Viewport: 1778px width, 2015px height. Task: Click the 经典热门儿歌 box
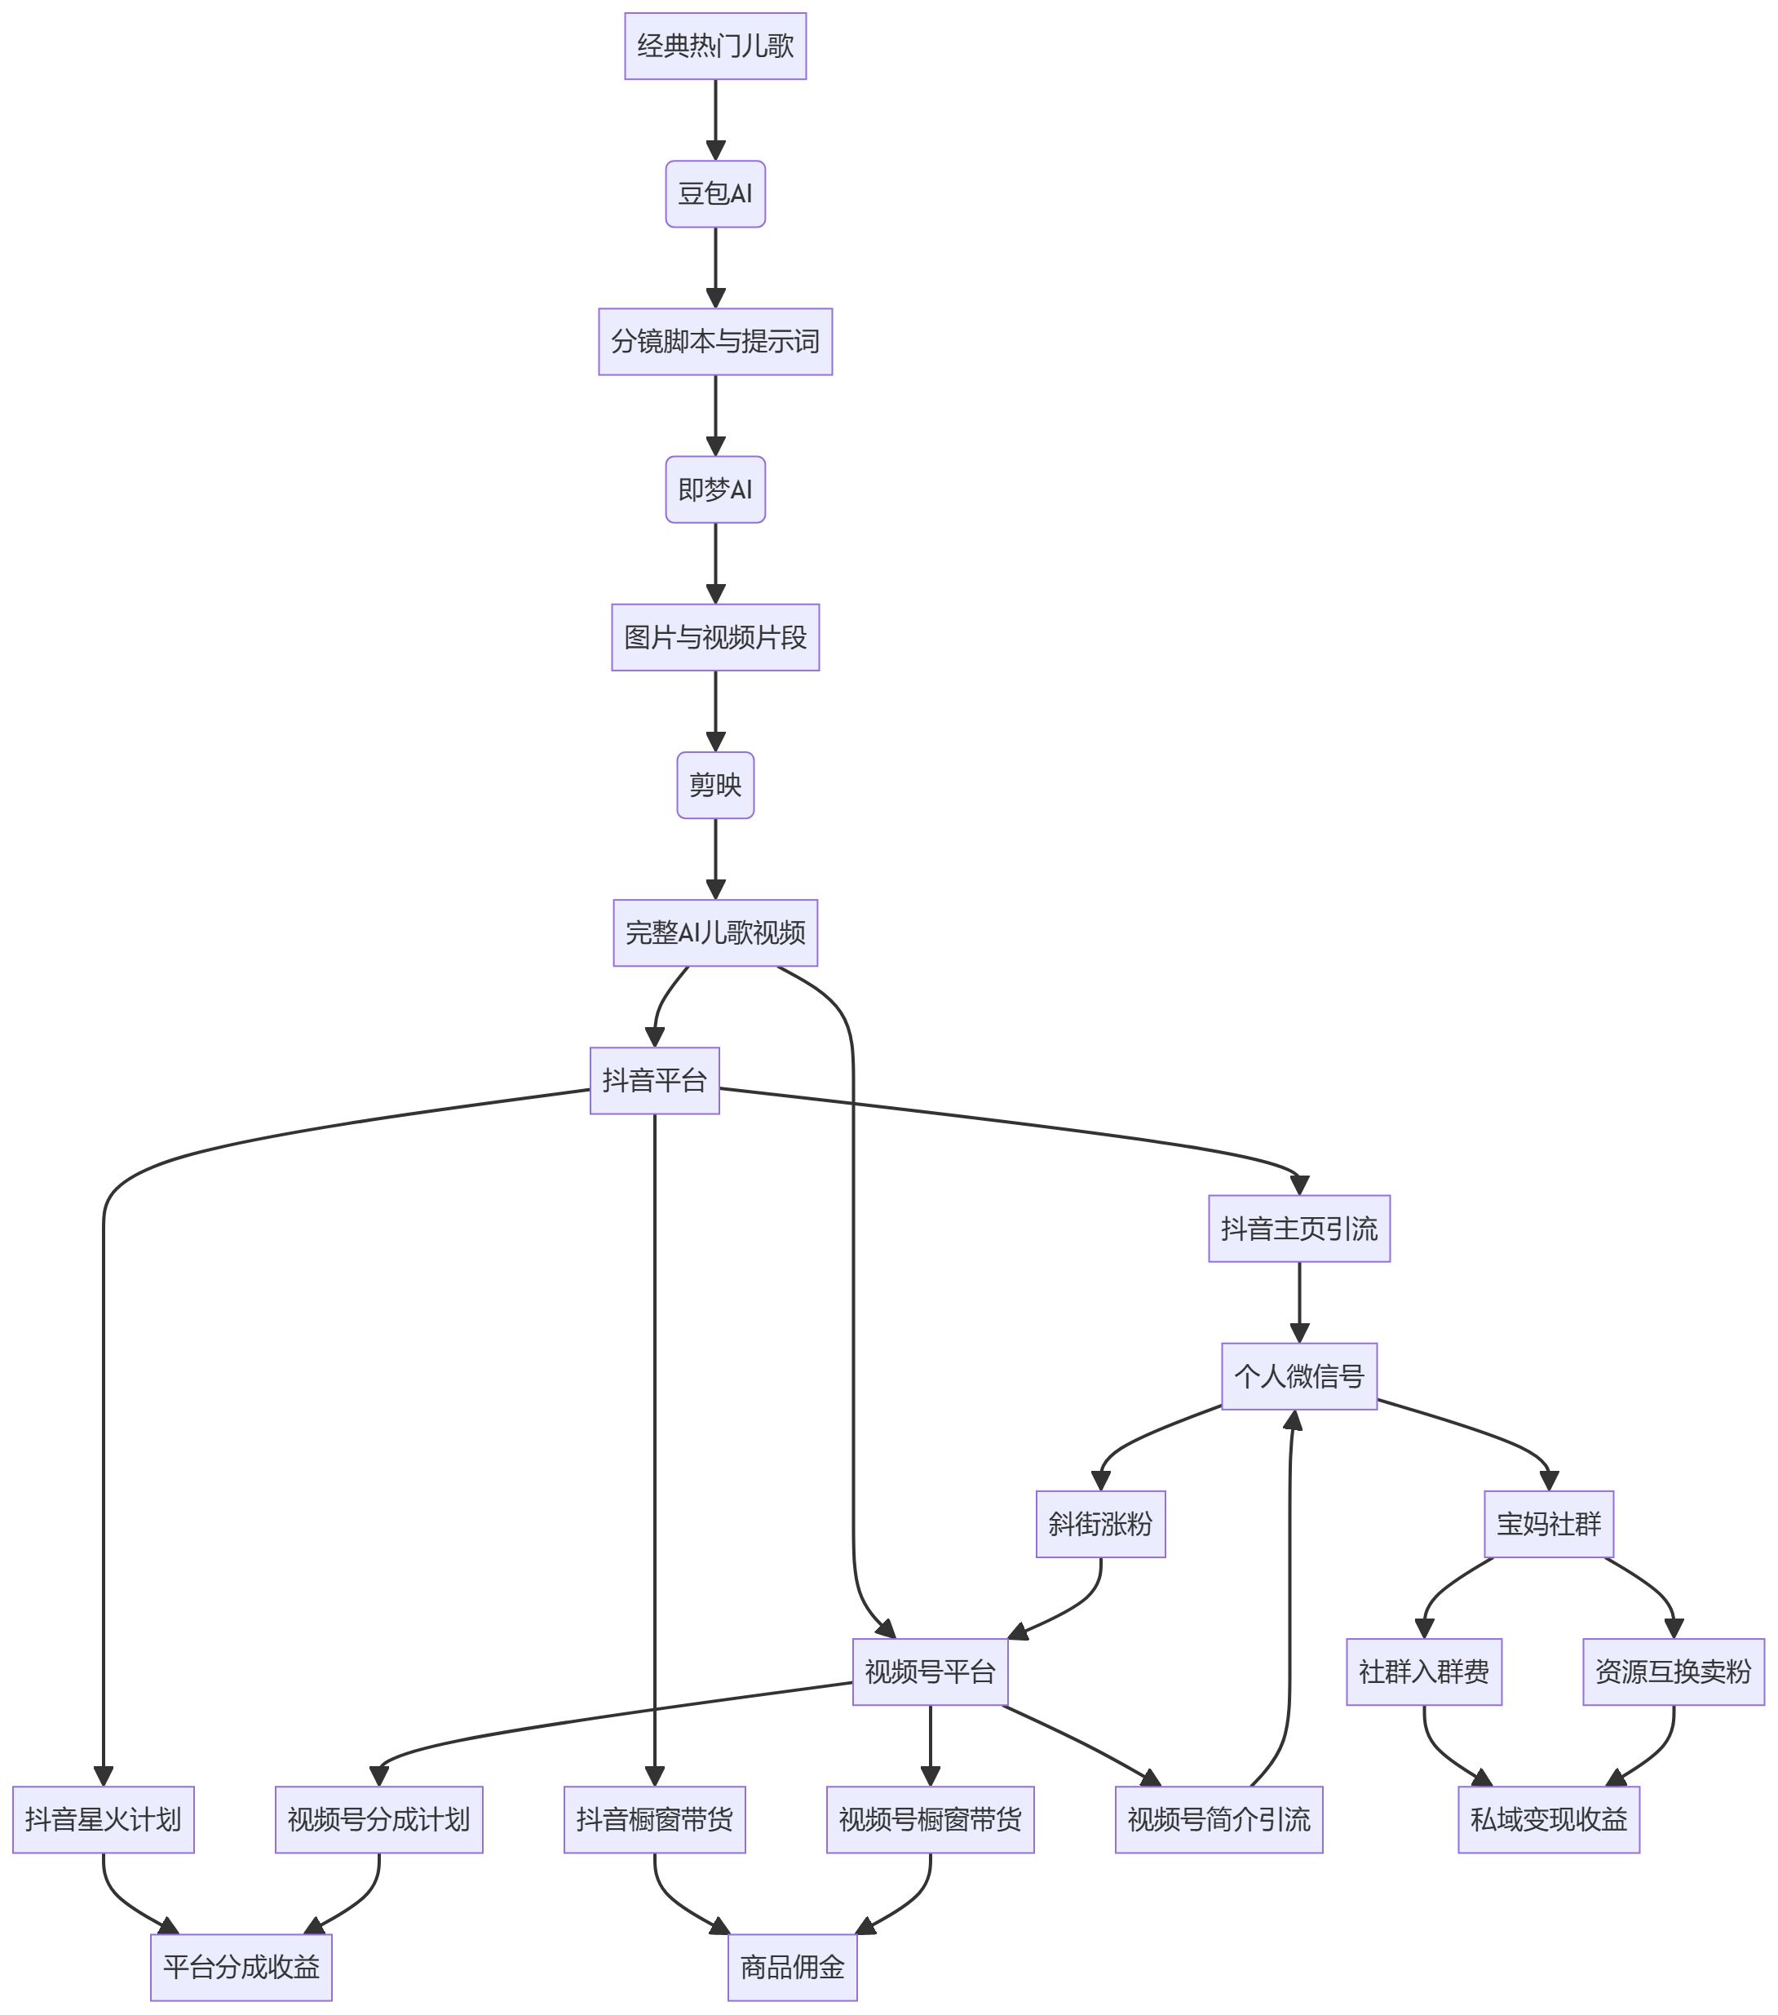[715, 46]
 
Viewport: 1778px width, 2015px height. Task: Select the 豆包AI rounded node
[715, 194]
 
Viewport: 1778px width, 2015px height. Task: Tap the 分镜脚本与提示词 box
[715, 342]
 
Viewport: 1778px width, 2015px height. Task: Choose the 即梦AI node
[715, 490]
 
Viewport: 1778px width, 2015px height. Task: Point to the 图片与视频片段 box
[715, 638]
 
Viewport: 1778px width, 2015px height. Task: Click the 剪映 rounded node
[715, 786]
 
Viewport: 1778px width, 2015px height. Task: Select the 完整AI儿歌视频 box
[715, 933]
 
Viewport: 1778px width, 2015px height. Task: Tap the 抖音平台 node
[654, 1082]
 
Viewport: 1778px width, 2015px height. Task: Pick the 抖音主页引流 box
[1300, 1229]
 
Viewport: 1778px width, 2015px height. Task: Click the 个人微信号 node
[1300, 1377]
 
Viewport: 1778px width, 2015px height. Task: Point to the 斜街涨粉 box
[1101, 1525]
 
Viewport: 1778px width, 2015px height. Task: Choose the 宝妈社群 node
[1550, 1525]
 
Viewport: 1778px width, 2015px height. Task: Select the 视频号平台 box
[931, 1673]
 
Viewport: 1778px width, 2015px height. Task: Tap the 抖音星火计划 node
[104, 1821]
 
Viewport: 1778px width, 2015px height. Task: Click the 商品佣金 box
[793, 1968]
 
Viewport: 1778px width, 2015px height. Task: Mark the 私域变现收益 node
[1550, 1821]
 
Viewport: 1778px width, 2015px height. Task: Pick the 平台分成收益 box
[241, 1968]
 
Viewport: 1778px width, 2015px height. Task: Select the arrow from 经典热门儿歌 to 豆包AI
[715, 120]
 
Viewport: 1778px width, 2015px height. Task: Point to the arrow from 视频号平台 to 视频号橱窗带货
[931, 1747]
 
